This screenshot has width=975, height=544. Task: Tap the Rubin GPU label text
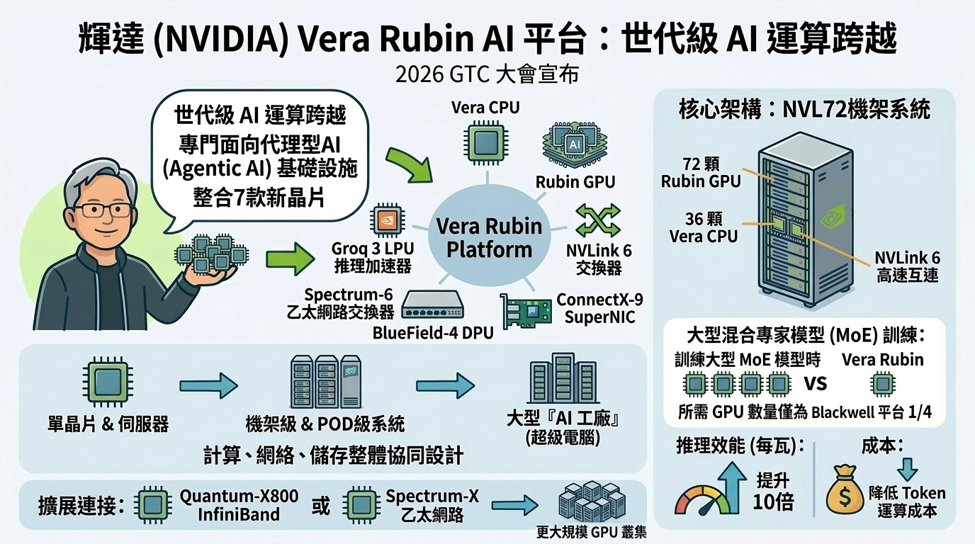point(575,182)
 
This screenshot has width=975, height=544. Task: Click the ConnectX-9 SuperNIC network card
point(527,312)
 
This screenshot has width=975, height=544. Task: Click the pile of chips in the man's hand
point(212,253)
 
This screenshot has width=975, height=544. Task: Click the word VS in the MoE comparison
point(816,384)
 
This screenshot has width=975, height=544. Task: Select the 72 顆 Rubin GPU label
point(701,172)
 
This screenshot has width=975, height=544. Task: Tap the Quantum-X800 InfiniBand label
point(239,505)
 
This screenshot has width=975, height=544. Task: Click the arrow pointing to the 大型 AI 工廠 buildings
point(445,385)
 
